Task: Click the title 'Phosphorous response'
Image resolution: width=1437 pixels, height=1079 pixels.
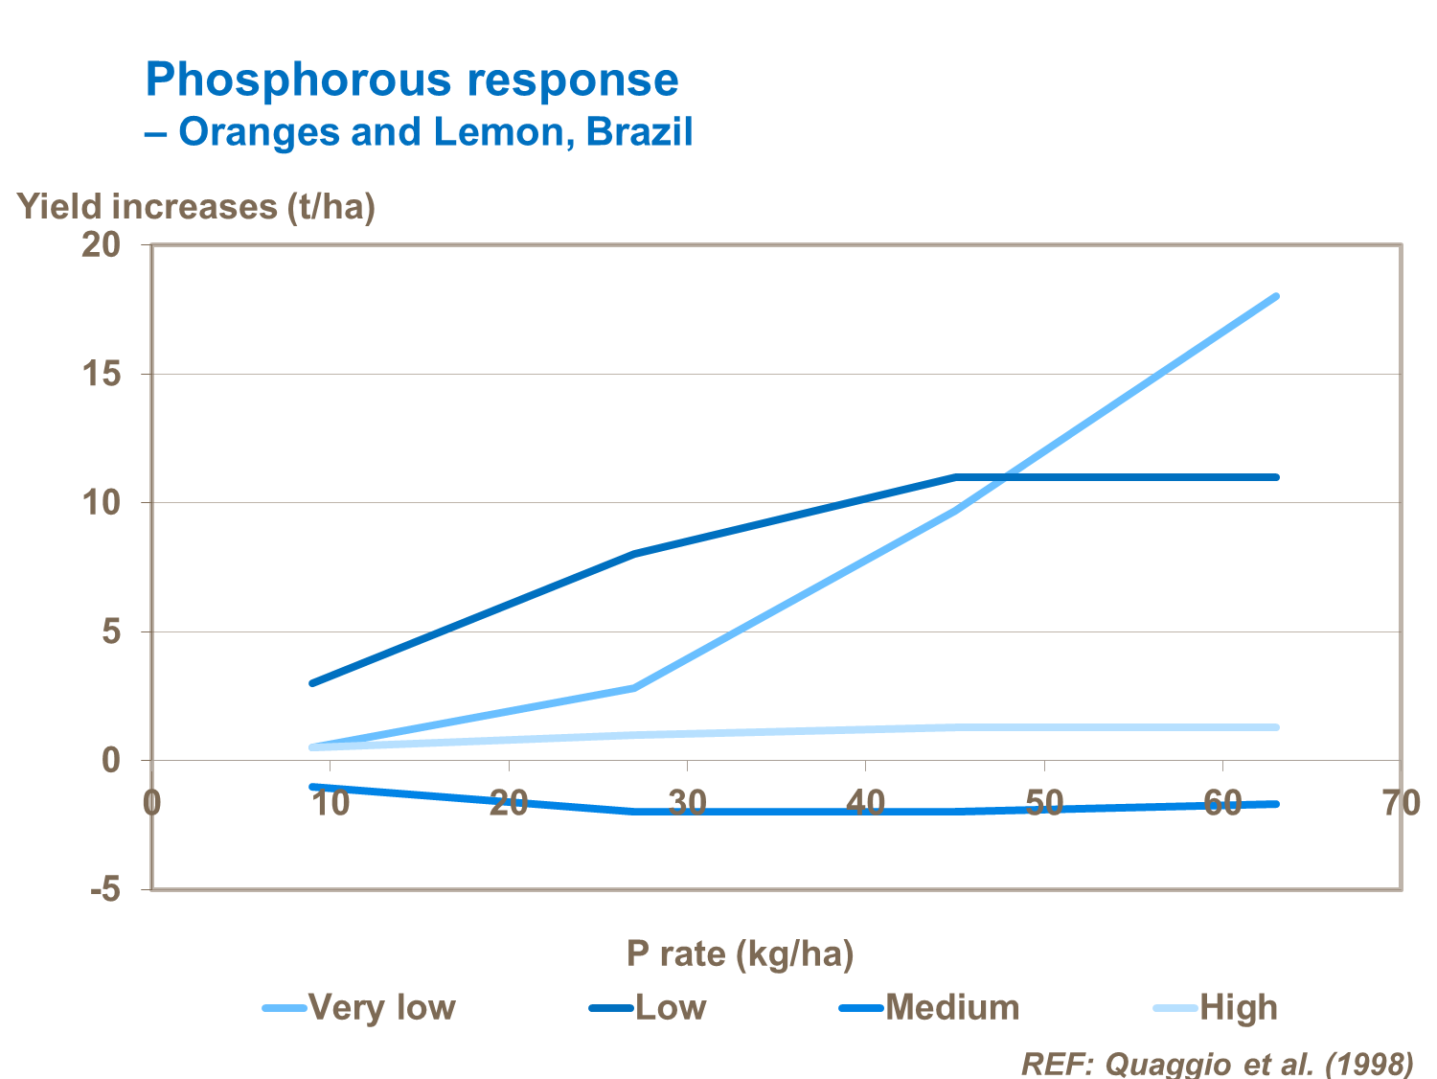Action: [x=412, y=80]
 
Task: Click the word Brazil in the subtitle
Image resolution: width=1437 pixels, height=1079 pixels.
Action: [x=639, y=132]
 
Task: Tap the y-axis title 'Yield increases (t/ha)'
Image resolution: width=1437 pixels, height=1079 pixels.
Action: [x=196, y=207]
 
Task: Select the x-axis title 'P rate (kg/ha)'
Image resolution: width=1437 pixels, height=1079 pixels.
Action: [x=740, y=953]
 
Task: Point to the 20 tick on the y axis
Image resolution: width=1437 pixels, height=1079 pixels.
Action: [x=102, y=245]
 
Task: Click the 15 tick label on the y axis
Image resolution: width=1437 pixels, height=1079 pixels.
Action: [x=102, y=374]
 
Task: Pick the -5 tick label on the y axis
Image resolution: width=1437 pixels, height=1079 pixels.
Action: [x=105, y=890]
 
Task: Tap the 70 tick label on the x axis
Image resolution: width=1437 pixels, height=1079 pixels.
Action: [x=1401, y=803]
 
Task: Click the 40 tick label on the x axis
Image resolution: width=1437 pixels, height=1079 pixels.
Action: [x=865, y=803]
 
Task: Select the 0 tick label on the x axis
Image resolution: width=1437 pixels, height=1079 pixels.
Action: [x=152, y=803]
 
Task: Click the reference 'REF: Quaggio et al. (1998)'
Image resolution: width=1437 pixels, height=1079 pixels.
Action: [x=1217, y=1064]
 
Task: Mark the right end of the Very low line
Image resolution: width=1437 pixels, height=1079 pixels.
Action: [x=1276, y=297]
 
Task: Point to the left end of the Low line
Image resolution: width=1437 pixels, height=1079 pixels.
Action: [x=312, y=683]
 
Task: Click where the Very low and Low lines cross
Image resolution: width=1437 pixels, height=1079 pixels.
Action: [x=1004, y=477]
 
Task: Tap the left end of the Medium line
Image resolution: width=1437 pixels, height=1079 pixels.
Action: [x=312, y=787]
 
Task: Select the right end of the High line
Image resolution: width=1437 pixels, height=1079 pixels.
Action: [x=1276, y=727]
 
